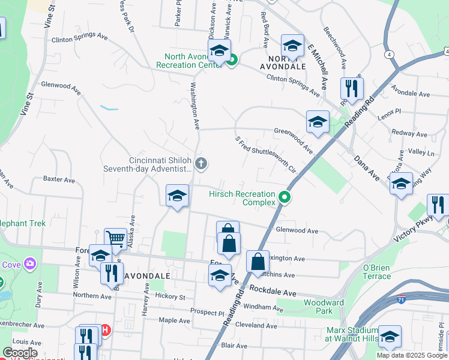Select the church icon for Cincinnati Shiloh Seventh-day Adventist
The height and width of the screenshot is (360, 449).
(202, 163)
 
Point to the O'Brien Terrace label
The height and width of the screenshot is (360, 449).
(377, 271)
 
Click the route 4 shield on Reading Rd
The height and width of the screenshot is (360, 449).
(390, 55)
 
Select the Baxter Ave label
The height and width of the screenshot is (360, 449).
(59, 179)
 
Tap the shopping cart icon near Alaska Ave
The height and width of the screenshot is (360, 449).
(115, 239)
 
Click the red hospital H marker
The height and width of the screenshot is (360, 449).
(105, 330)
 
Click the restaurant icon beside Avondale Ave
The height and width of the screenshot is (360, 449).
(352, 88)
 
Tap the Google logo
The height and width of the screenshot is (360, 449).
(20, 353)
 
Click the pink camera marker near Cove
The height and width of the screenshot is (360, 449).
(30, 263)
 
